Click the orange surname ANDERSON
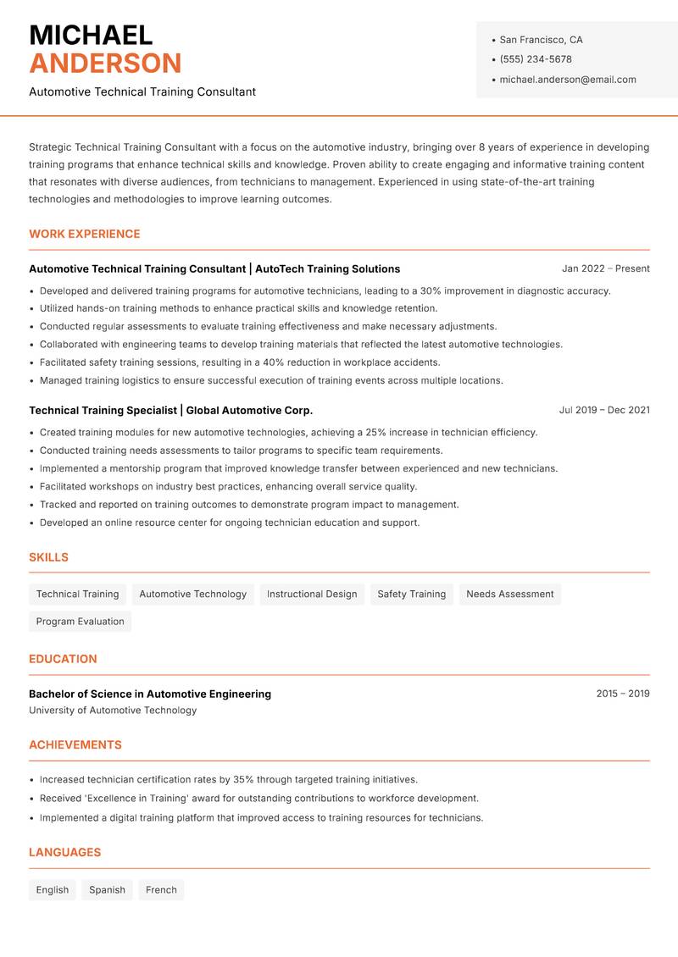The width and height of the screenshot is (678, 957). [x=105, y=64]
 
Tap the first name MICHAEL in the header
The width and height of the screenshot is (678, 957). [x=91, y=36]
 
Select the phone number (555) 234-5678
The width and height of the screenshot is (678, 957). [x=536, y=59]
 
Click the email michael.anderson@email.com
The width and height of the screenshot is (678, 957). [x=568, y=80]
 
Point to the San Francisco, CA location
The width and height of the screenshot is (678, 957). [x=541, y=40]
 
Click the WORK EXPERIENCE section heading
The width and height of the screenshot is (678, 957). [x=85, y=234]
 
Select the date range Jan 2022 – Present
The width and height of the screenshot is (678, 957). [x=605, y=268]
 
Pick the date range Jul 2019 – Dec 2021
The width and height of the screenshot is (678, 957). [x=604, y=410]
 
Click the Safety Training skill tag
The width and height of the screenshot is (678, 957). [x=411, y=595]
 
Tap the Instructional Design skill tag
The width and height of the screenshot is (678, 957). [x=312, y=595]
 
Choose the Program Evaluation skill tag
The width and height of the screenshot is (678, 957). [x=80, y=622]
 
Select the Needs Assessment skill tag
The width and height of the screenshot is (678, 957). [x=509, y=595]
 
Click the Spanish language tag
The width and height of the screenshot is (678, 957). [x=107, y=890]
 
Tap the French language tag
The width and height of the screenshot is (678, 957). [x=161, y=890]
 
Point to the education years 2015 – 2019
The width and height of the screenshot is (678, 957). [x=622, y=694]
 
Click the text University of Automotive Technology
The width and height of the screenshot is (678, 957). [x=113, y=711]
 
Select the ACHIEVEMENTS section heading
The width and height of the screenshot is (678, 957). [x=75, y=745]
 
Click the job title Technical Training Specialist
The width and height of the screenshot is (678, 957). [x=103, y=410]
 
